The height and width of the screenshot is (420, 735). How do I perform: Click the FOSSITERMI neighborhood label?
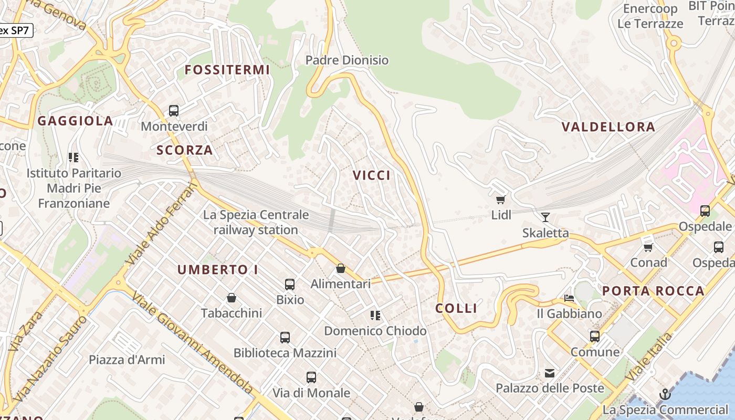click(227, 70)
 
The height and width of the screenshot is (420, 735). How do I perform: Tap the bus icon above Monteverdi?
click(174, 111)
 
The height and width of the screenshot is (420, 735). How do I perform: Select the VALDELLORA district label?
click(608, 127)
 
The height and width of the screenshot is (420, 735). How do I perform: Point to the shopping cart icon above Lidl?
click(501, 199)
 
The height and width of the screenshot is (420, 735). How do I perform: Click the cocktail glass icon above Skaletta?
click(545, 217)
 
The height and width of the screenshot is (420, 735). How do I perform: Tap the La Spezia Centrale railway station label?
click(256, 222)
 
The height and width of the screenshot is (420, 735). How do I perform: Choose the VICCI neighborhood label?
click(372, 175)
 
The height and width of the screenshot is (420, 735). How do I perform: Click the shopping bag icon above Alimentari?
click(341, 268)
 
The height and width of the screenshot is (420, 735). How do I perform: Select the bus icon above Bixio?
click(290, 285)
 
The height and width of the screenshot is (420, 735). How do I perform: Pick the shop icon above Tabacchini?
click(231, 298)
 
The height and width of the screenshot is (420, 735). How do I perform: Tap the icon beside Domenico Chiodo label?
click(375, 316)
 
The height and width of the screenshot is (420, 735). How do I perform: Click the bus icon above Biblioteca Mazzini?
click(285, 338)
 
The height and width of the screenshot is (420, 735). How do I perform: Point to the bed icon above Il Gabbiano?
click(569, 298)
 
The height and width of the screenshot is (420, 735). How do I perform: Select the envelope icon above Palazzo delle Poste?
click(550, 373)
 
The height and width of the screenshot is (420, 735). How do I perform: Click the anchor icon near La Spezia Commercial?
click(665, 394)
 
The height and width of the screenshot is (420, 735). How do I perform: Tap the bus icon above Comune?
click(595, 336)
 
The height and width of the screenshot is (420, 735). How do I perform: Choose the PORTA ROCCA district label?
click(653, 291)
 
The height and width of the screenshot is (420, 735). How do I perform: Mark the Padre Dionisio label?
click(347, 60)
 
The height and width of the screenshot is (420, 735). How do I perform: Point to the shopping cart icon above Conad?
click(648, 247)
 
